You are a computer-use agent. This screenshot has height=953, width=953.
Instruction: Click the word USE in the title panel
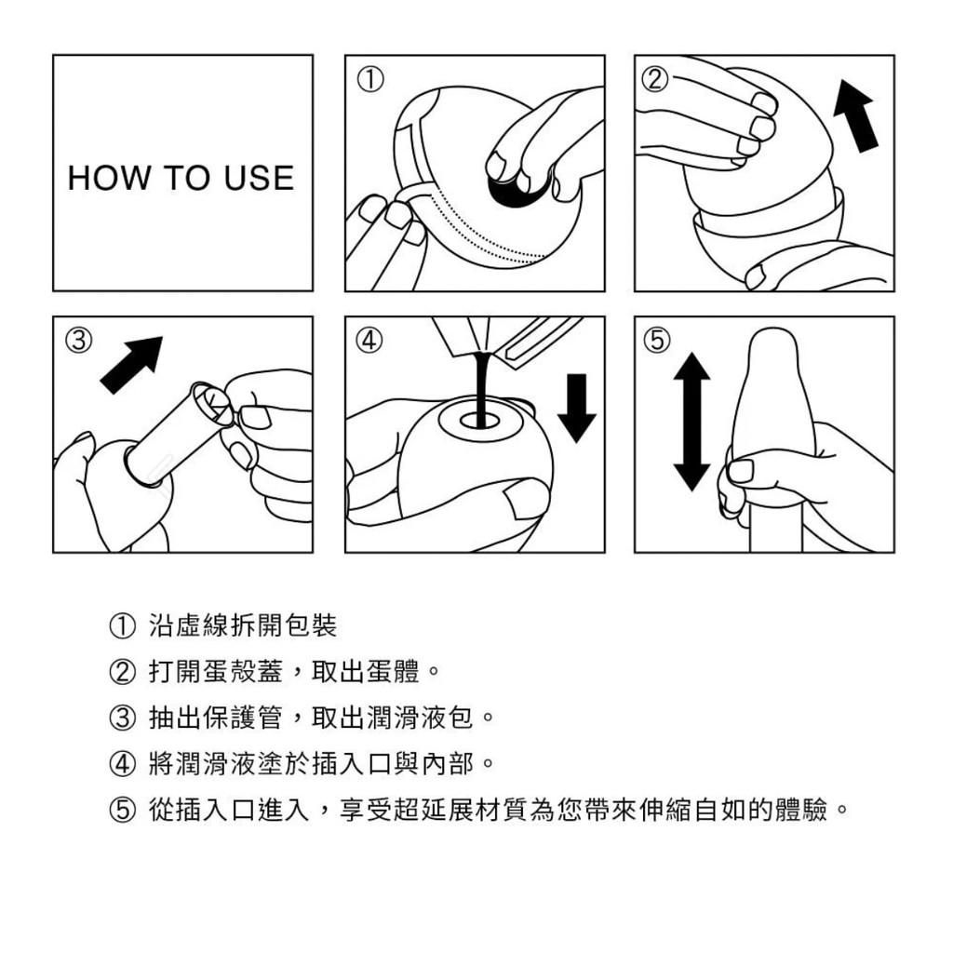point(259,178)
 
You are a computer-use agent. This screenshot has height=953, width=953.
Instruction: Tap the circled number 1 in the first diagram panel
point(369,79)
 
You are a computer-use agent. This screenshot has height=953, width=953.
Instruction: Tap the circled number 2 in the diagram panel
point(655,79)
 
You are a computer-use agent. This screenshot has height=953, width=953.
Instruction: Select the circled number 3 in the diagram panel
point(79,341)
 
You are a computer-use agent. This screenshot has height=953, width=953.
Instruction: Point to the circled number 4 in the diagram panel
point(369,341)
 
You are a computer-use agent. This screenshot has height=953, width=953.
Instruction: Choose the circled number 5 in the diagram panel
point(658,341)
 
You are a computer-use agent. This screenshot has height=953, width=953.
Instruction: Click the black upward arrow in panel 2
point(856,115)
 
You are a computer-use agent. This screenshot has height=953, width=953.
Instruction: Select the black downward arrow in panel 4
point(577,408)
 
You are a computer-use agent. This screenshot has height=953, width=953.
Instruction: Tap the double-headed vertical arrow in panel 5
point(691,422)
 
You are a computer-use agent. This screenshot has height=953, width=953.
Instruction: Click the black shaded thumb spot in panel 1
point(517,190)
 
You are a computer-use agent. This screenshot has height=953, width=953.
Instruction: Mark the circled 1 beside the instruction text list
point(122,626)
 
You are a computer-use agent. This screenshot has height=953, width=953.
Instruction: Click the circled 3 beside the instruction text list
point(122,718)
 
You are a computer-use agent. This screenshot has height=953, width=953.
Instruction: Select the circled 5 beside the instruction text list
point(122,811)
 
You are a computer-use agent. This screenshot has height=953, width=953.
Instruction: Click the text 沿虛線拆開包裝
point(243,626)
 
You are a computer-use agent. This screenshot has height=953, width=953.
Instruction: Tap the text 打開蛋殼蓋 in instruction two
point(216,672)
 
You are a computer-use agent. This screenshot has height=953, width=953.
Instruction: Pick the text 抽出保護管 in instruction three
point(216,718)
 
